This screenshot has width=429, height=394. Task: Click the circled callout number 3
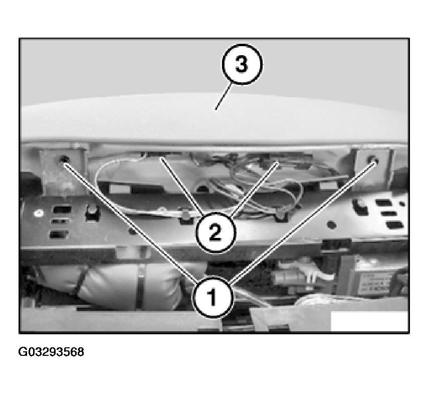(x=242, y=65)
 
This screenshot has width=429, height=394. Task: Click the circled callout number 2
(x=215, y=232)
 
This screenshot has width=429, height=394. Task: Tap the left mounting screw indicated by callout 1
(x=64, y=161)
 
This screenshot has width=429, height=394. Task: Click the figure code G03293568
(x=52, y=352)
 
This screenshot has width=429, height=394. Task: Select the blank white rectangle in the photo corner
(x=369, y=321)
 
